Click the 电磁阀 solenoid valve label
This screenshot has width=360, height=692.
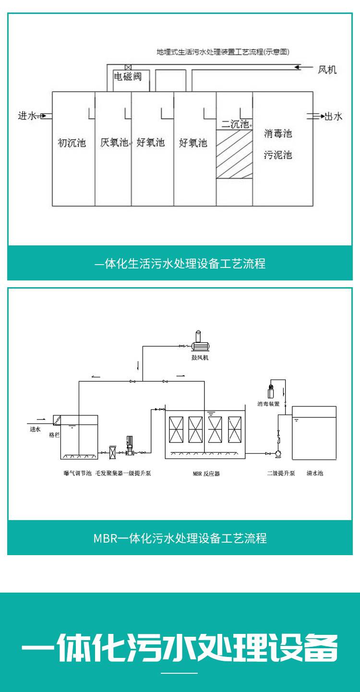(128, 77)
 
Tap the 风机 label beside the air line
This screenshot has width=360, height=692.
(327, 70)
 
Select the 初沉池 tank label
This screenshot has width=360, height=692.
(72, 143)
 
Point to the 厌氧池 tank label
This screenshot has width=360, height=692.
(114, 143)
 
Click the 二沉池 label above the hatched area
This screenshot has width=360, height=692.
(235, 124)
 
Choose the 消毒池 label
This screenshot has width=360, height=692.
(278, 134)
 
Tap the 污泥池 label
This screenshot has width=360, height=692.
(278, 155)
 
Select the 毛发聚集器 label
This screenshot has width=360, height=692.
(108, 473)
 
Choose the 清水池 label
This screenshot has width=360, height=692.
(315, 473)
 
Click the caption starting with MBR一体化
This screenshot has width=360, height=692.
(180, 538)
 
